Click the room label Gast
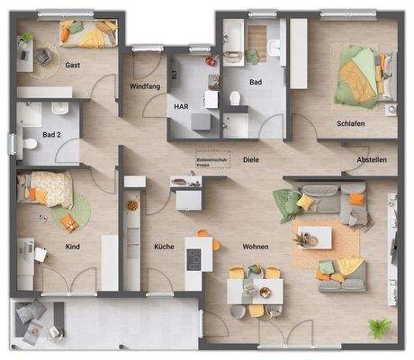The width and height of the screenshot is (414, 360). coord(75,66)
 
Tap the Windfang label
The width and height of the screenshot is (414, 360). coord(145,86)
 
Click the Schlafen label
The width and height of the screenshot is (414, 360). coord(350,123)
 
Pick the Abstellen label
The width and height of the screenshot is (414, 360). coord(372,160)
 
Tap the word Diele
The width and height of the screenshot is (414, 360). coord(251,160)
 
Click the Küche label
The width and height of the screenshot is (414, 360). coord(163,246)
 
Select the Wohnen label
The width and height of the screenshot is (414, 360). coord(256,246)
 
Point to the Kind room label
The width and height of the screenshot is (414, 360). coord(74,246)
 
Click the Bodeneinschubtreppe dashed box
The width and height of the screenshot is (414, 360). coord(213,159)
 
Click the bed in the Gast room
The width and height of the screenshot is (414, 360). coord(87,33)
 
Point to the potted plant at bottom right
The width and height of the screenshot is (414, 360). coord(376,327)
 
